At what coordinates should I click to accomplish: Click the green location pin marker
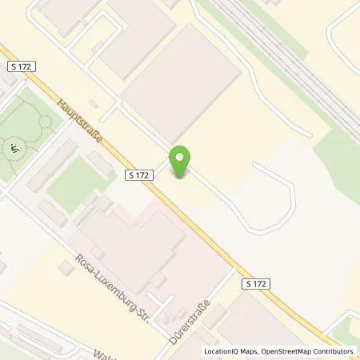(182, 162)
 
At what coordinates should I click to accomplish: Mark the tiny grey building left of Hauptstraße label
(93, 103)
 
